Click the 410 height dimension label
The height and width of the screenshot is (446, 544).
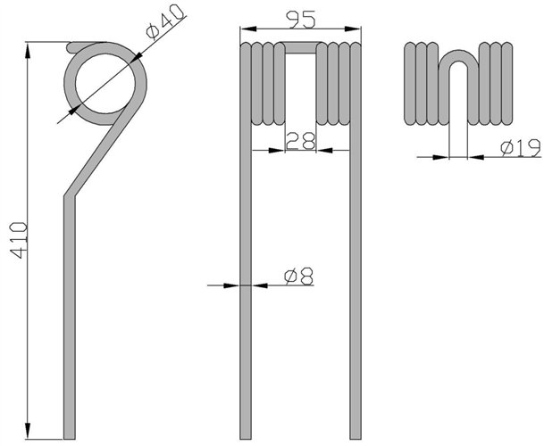[x=19, y=241]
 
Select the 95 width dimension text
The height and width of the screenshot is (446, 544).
[x=300, y=19]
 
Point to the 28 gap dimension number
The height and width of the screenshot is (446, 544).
[x=300, y=140]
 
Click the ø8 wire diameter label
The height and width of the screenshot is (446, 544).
[x=298, y=277]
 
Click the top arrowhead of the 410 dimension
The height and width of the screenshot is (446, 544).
[x=28, y=51]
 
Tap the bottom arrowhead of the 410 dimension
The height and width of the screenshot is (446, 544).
[x=28, y=431]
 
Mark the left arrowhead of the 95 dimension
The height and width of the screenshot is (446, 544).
[x=248, y=29]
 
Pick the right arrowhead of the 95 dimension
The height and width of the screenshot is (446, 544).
[x=353, y=29]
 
